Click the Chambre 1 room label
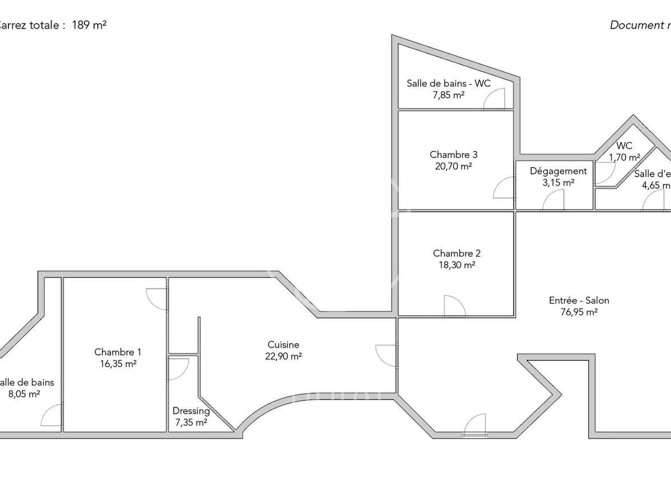point(117,352)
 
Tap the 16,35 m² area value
point(117,363)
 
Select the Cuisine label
point(283,345)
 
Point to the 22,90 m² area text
point(283,356)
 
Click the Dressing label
point(191,411)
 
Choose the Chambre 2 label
point(456,253)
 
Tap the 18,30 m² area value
point(456,264)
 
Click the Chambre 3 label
point(453,154)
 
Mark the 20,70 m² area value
point(453,165)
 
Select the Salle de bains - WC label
point(448,83)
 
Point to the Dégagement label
point(558,171)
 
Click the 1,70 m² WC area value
point(625,157)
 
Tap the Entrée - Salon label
point(579,300)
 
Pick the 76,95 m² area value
point(579,312)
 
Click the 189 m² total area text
point(89,25)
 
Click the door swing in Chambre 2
point(453,306)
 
